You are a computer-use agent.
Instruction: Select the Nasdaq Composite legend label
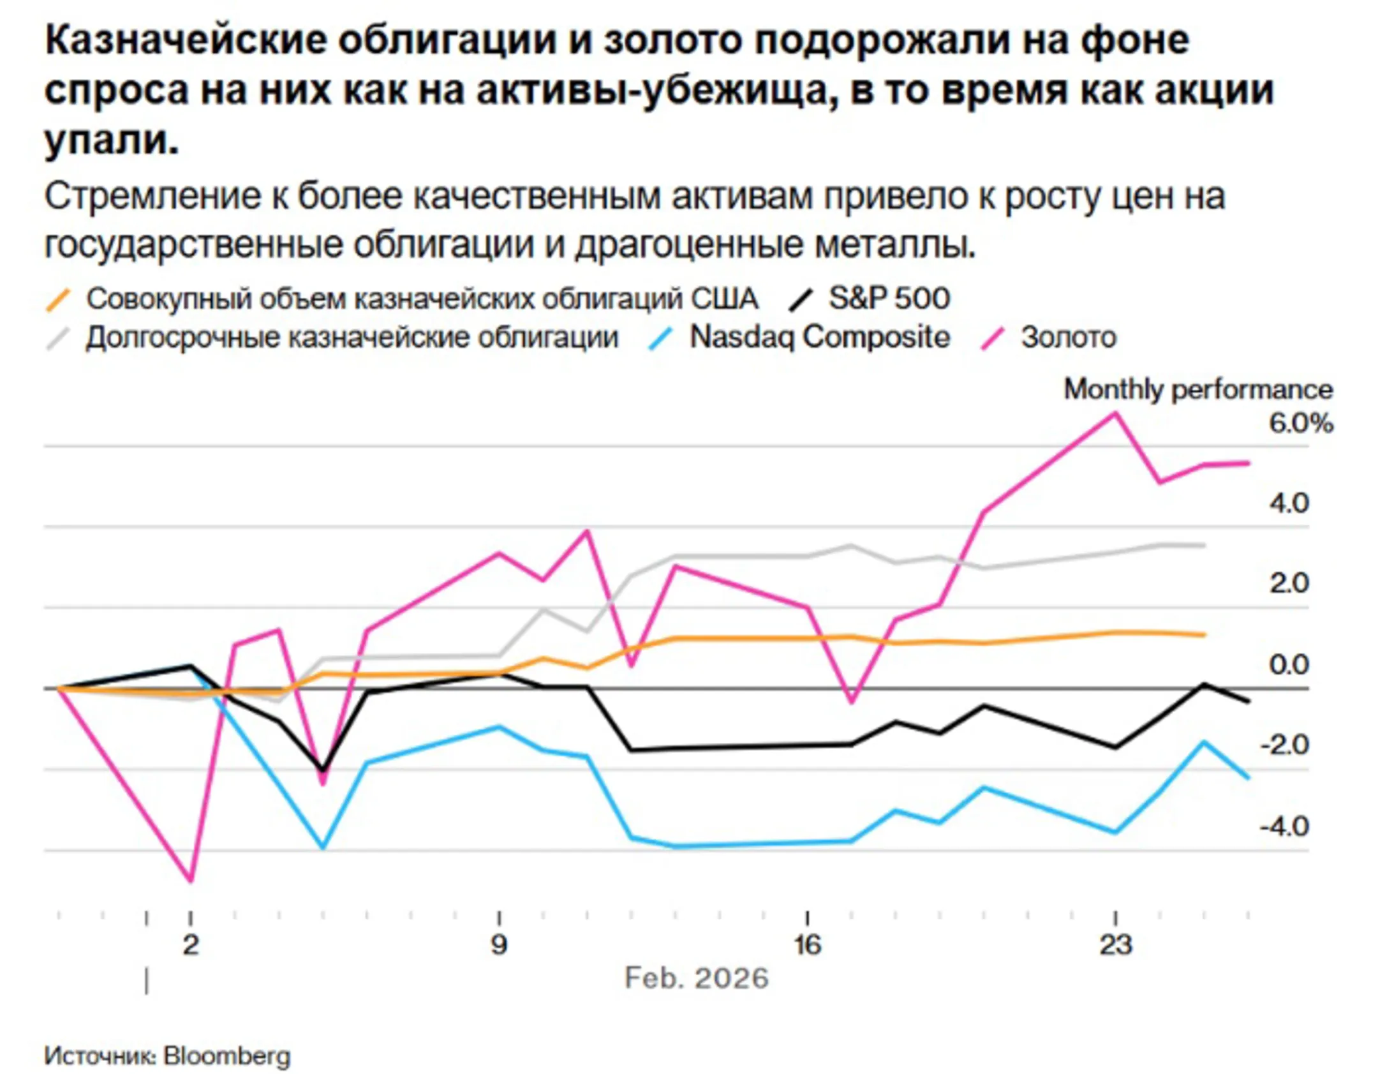(819, 337)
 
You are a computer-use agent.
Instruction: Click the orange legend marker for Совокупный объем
(58, 299)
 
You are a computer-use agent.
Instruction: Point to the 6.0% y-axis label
(1300, 424)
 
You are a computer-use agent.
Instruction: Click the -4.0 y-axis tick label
(1284, 828)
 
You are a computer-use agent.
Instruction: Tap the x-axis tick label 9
(499, 944)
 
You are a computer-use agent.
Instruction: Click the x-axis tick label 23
(1115, 944)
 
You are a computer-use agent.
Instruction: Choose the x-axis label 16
(808, 944)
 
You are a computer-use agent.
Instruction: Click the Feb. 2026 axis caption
(697, 978)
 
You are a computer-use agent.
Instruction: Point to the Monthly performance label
(1197, 389)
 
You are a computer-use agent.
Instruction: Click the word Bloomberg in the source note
(227, 1056)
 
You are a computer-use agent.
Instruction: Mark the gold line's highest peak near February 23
(1115, 413)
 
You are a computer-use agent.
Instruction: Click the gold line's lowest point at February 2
(190, 881)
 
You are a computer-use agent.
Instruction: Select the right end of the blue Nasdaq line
(1248, 778)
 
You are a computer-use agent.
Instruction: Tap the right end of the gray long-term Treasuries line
(1204, 545)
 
